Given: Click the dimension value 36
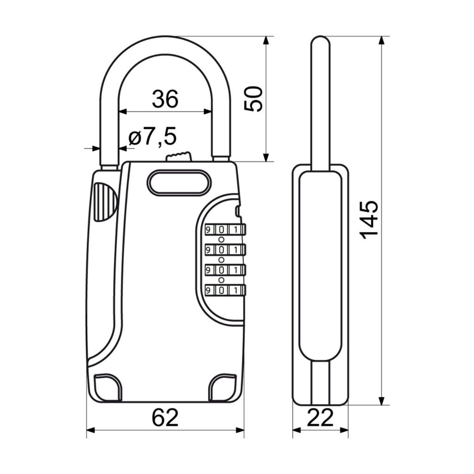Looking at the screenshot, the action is tap(165, 99).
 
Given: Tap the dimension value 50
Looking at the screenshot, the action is tap(253, 99).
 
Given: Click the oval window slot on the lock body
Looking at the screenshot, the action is tap(179, 181).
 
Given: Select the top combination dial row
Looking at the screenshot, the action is tap(225, 230).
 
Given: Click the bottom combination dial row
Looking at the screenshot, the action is tap(225, 290).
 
